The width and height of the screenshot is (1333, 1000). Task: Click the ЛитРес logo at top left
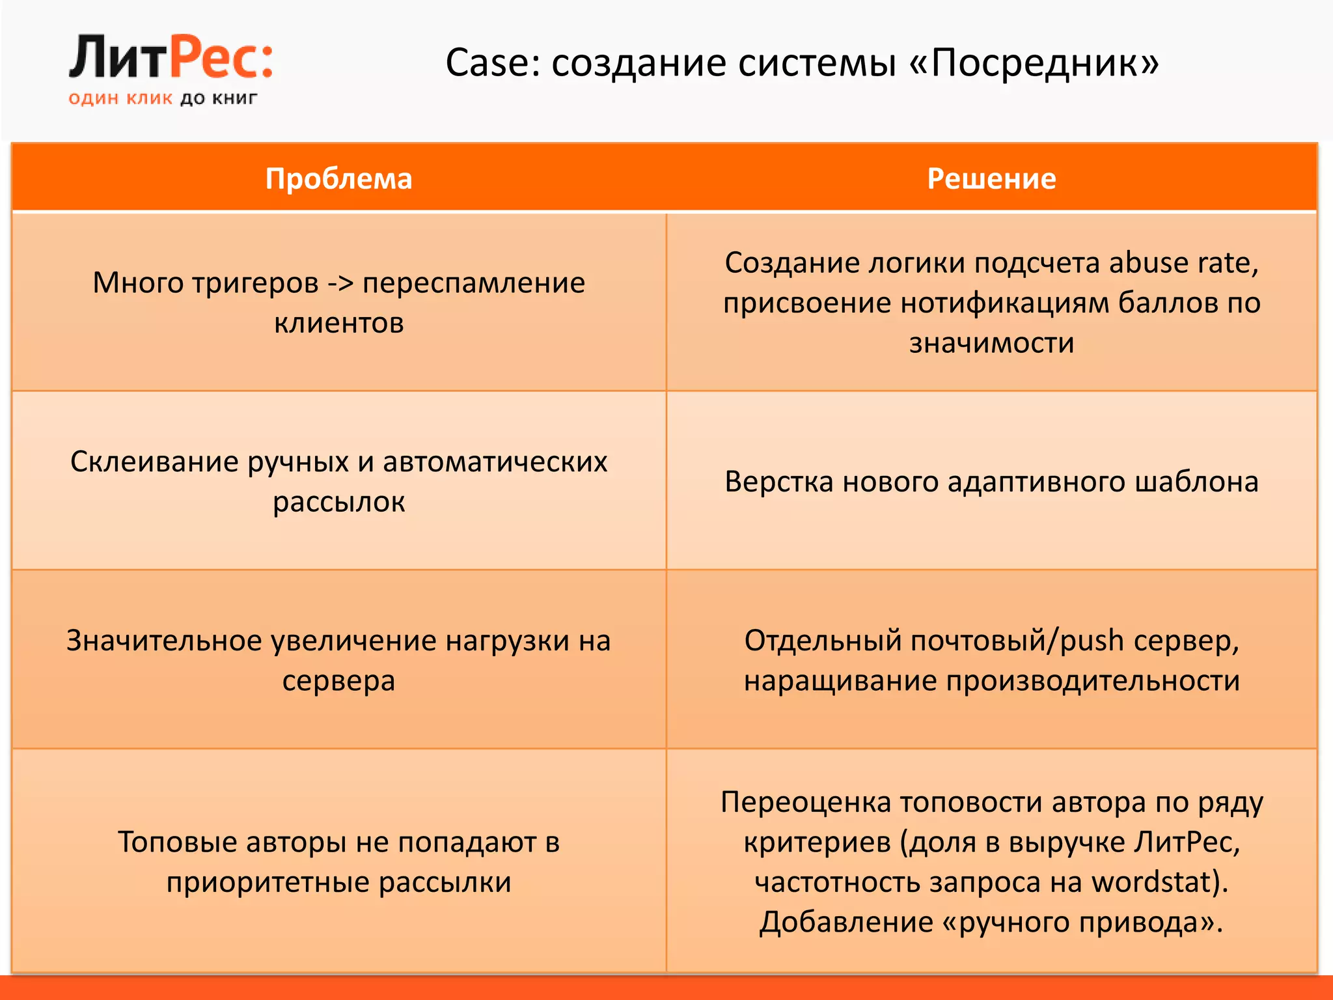171,59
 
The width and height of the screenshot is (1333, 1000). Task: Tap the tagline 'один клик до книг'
163,99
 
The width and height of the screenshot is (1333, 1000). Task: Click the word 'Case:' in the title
493,63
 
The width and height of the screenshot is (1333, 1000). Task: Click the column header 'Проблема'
338,178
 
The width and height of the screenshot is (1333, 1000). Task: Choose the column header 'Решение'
991,178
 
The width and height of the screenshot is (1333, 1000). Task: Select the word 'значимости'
991,343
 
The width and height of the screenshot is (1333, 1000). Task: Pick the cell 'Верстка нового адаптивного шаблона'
991,482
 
